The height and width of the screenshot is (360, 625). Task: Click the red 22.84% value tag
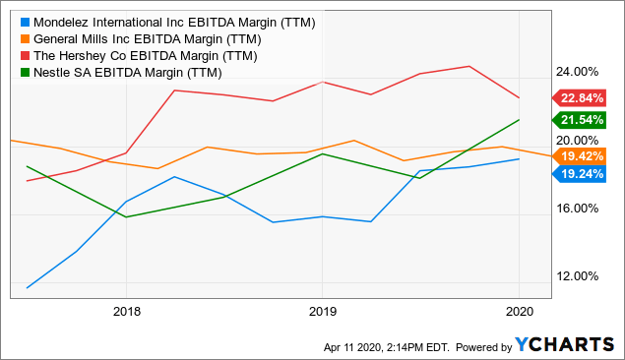[x=585, y=97]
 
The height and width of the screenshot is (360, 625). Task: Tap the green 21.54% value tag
[x=585, y=120]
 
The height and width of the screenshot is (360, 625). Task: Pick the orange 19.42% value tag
[x=585, y=155]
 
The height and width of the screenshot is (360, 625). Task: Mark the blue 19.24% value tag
[x=585, y=173]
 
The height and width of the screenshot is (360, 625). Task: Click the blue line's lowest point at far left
[x=27, y=288]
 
